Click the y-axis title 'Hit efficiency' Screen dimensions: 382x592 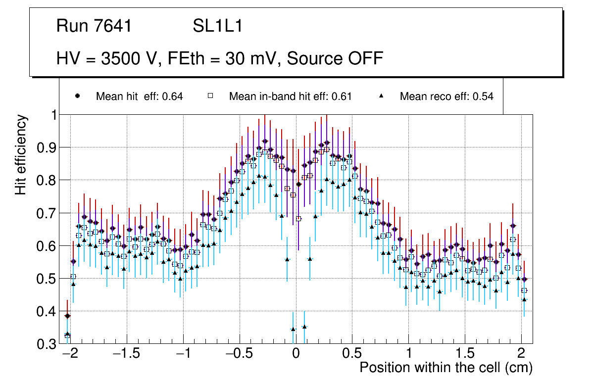pos(21,154)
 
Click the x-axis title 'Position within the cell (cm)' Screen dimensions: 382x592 pos(445,368)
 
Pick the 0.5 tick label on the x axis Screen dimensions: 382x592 pos(352,354)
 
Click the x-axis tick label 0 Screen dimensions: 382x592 pos(296,354)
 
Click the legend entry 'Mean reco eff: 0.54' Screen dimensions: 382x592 pos(446,96)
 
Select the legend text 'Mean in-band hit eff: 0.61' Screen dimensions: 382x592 pos(290,96)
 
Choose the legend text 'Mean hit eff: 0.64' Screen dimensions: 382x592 pos(140,96)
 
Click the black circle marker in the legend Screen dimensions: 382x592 pos(77,96)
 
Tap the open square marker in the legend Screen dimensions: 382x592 pos(210,96)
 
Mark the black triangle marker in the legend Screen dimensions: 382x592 pos(381,96)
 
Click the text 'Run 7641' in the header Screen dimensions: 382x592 pos(94,26)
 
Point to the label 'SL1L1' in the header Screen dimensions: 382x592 pos(217,26)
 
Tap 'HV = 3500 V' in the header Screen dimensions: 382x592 pos(107,58)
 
